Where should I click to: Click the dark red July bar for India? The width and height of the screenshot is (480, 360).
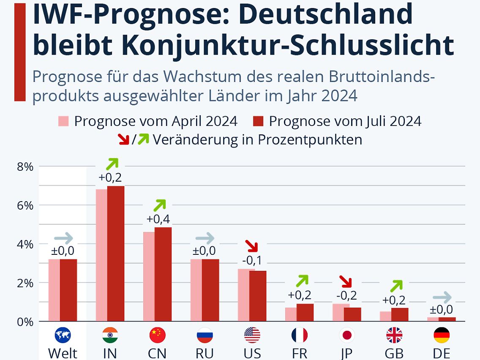[x=115, y=254]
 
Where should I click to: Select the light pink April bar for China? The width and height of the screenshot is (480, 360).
[x=149, y=276]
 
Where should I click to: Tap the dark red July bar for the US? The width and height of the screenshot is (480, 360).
[x=257, y=296]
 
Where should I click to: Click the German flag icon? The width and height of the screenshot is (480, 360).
[x=442, y=335]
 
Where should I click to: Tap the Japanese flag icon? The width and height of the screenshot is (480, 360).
[x=347, y=335]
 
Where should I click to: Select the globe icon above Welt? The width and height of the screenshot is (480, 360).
[x=63, y=335]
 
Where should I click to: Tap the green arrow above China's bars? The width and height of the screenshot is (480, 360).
[x=159, y=205]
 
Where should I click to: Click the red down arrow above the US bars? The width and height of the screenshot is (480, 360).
[x=252, y=245]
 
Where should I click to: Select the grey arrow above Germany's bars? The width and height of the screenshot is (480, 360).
[x=442, y=297]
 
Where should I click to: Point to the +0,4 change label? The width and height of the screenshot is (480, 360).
[x=158, y=219]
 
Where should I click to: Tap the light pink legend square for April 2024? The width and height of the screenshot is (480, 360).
[x=63, y=121]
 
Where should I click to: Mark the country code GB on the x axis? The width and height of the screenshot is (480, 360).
[x=394, y=353]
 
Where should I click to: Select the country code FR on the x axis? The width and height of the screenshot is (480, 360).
[x=299, y=353]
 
